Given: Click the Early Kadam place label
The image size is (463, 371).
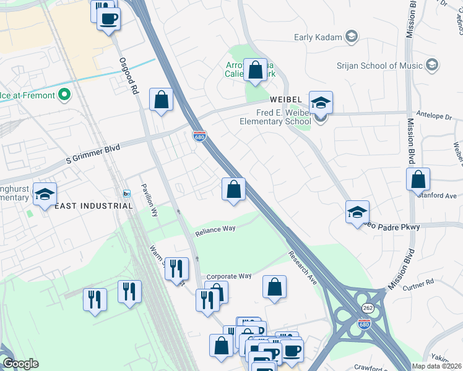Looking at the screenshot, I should pyautogui.click(x=318, y=37).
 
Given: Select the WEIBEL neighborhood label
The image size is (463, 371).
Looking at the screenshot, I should pyautogui.click(x=284, y=100).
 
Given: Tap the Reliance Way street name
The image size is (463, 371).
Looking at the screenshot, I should pyautogui.click(x=215, y=231).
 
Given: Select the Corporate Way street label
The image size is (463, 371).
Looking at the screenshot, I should pyautogui.click(x=229, y=276).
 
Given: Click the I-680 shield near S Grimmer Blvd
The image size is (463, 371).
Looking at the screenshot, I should pyautogui.click(x=199, y=135).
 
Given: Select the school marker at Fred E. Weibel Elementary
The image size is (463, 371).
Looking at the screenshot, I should pyautogui.click(x=321, y=103).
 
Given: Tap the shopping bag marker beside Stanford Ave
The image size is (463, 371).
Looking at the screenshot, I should pyautogui.click(x=418, y=180).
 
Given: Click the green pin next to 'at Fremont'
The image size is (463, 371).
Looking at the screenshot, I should pyautogui.click(x=65, y=96).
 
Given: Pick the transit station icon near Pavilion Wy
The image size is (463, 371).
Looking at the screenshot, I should pyautogui.click(x=126, y=194).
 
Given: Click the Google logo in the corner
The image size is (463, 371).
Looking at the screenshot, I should pyautogui.click(x=20, y=364).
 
